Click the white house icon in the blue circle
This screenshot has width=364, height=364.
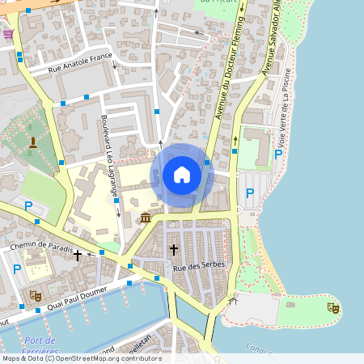181,175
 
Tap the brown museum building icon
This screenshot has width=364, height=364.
146,218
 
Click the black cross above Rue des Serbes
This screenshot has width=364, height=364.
173,250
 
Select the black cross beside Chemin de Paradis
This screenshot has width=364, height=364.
77,256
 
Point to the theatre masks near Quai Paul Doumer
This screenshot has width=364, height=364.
36,295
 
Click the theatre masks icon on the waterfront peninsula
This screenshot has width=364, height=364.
333,307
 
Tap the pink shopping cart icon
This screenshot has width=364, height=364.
8,33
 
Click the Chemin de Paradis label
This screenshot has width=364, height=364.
41,245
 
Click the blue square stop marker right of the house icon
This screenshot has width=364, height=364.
207,163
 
